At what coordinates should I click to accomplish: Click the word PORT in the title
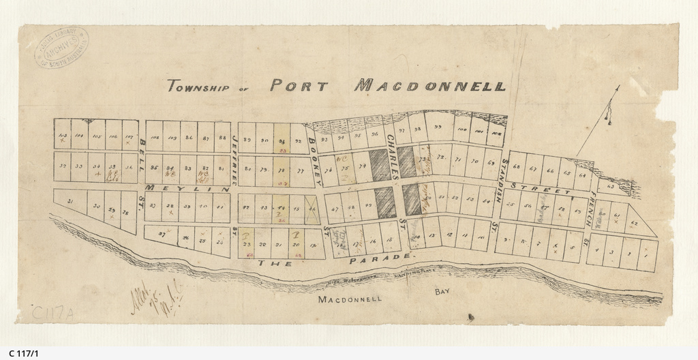click(299, 86)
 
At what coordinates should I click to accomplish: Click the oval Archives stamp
click(61, 49)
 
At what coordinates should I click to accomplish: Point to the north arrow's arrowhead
click(618, 88)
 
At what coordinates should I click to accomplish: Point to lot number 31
click(70, 200)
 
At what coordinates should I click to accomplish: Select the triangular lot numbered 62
click(633, 222)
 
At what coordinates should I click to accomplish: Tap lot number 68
click(516, 167)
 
